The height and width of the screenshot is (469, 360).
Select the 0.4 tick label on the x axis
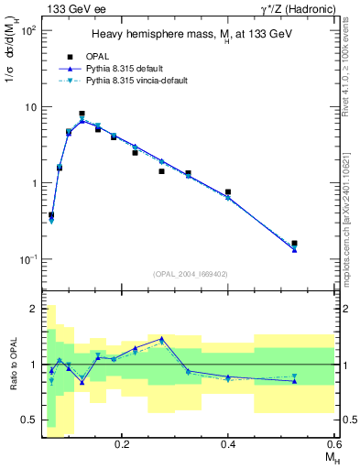point(228,443)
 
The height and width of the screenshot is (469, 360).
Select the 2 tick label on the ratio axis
point(34,309)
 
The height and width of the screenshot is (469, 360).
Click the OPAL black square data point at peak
point(82,114)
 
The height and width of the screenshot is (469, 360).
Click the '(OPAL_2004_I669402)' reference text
point(190,273)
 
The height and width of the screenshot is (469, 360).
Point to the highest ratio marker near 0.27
point(162,339)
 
